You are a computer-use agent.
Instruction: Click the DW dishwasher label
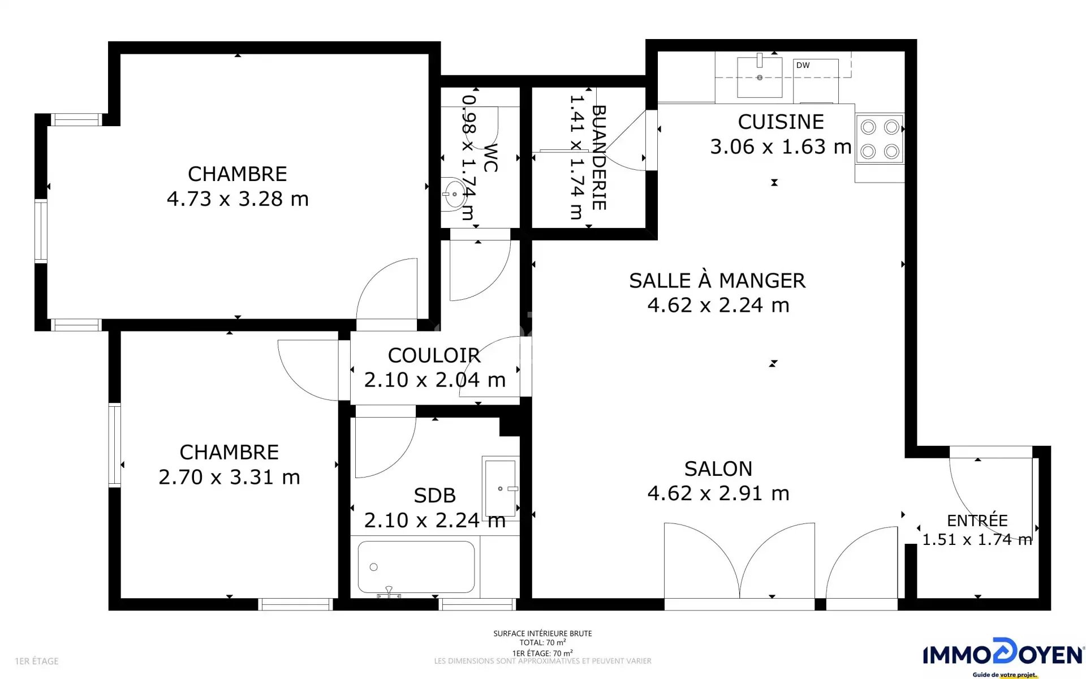point(803,65)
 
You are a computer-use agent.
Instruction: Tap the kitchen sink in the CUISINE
point(760,77)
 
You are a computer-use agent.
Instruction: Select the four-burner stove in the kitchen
point(880,139)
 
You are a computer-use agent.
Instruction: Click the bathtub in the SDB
point(416,567)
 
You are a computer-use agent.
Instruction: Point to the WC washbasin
point(453,194)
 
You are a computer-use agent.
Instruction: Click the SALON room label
point(718,469)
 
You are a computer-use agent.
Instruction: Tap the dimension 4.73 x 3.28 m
point(238,199)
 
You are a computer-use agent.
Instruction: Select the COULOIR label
point(434,355)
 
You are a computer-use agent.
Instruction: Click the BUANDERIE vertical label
point(599,158)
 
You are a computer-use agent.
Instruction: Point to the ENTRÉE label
point(977,521)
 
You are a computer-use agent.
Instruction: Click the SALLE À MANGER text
point(717,281)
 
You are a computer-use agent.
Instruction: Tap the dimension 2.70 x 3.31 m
point(229,477)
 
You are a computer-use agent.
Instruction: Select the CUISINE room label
point(781,122)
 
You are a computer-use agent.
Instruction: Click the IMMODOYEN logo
point(1003,656)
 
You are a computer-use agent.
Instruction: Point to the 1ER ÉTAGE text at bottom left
point(37,661)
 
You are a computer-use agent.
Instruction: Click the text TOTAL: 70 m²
point(542,643)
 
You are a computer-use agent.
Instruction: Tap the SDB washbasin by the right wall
point(501,488)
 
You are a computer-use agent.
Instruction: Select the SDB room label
point(434,496)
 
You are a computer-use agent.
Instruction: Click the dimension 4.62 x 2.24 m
point(718,305)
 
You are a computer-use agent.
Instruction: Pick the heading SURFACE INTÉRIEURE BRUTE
point(542,634)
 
